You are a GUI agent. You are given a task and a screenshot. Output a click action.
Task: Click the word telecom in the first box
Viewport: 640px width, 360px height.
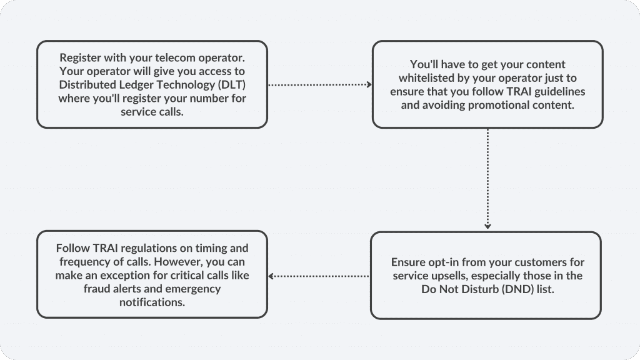tap(175, 57)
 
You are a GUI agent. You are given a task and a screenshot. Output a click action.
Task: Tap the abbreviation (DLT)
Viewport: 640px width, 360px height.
tap(232, 84)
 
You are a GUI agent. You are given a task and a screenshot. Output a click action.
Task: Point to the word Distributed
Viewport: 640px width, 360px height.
tap(87, 84)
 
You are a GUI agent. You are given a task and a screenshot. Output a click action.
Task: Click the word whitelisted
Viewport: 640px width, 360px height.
tap(426, 77)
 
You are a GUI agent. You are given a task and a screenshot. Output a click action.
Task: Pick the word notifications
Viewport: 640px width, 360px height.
tap(152, 302)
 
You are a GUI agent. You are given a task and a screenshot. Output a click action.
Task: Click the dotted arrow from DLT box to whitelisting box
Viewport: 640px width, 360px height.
tap(320, 84)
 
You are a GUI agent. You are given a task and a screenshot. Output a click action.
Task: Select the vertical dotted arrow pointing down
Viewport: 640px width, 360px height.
tap(487, 179)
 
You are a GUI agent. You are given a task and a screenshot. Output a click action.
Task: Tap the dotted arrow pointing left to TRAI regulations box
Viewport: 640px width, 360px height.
tap(318, 276)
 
